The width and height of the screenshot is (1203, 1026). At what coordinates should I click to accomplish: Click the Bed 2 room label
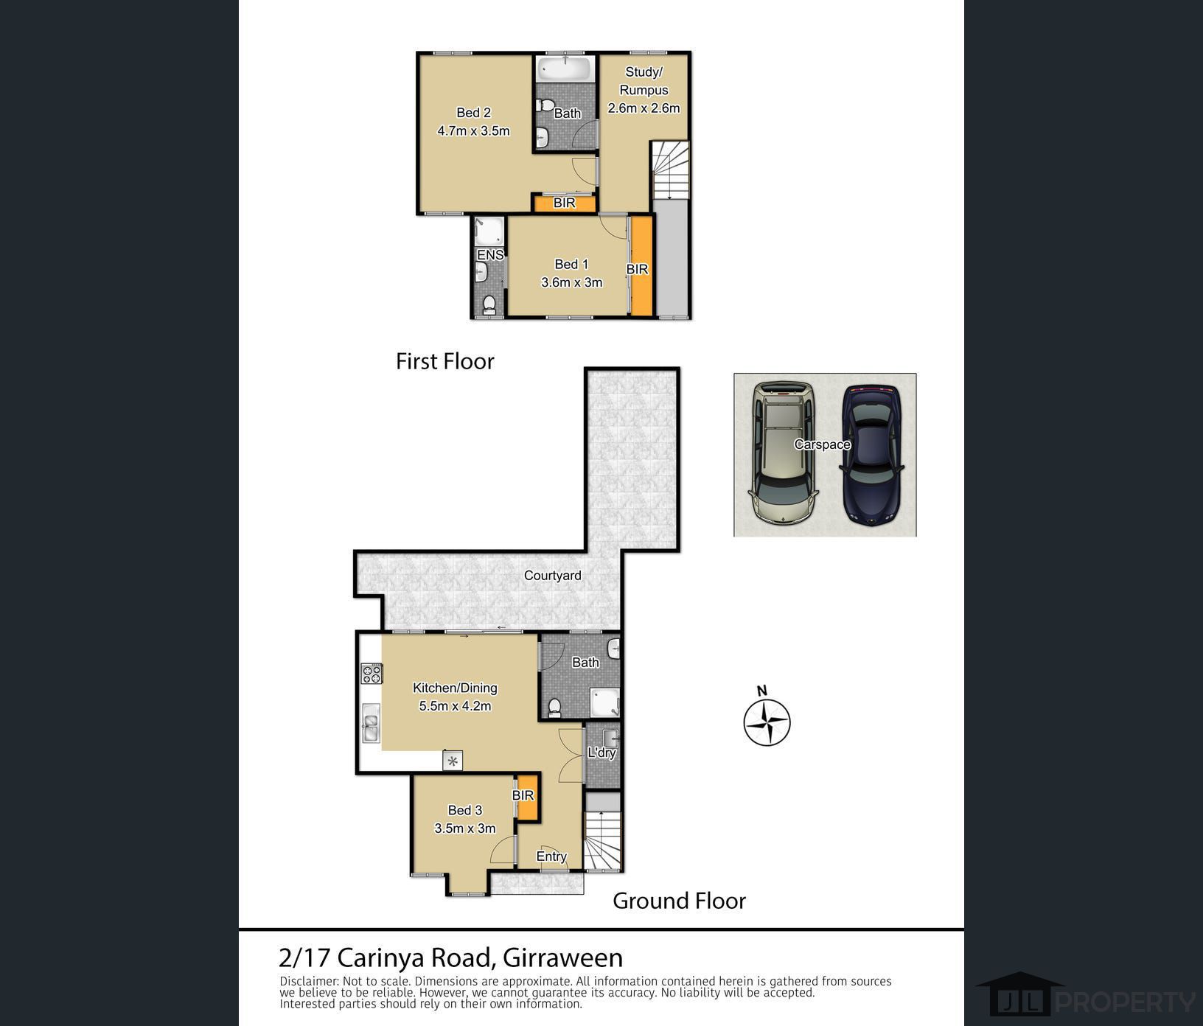473,113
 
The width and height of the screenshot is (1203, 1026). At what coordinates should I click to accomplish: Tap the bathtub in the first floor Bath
564,70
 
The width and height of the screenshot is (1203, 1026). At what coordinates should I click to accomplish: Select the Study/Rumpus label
644,81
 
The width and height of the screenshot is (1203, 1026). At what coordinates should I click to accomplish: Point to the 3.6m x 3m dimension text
571,282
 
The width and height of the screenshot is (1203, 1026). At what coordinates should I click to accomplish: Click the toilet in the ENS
487,304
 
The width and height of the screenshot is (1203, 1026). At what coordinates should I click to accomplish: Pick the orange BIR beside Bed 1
641,265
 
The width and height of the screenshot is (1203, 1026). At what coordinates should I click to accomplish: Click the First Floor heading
444,361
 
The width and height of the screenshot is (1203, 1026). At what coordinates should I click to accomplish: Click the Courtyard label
552,576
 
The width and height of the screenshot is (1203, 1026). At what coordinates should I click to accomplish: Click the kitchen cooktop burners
372,674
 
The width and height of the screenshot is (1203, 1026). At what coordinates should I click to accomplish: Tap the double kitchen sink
371,723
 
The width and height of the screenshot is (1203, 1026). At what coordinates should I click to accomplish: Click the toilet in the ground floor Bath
554,707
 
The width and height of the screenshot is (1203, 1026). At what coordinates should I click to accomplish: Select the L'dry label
601,753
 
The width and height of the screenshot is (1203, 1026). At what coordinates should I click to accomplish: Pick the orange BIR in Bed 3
526,798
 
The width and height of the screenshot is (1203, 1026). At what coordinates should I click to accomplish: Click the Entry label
551,856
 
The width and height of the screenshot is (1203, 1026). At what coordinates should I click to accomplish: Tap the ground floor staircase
604,840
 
